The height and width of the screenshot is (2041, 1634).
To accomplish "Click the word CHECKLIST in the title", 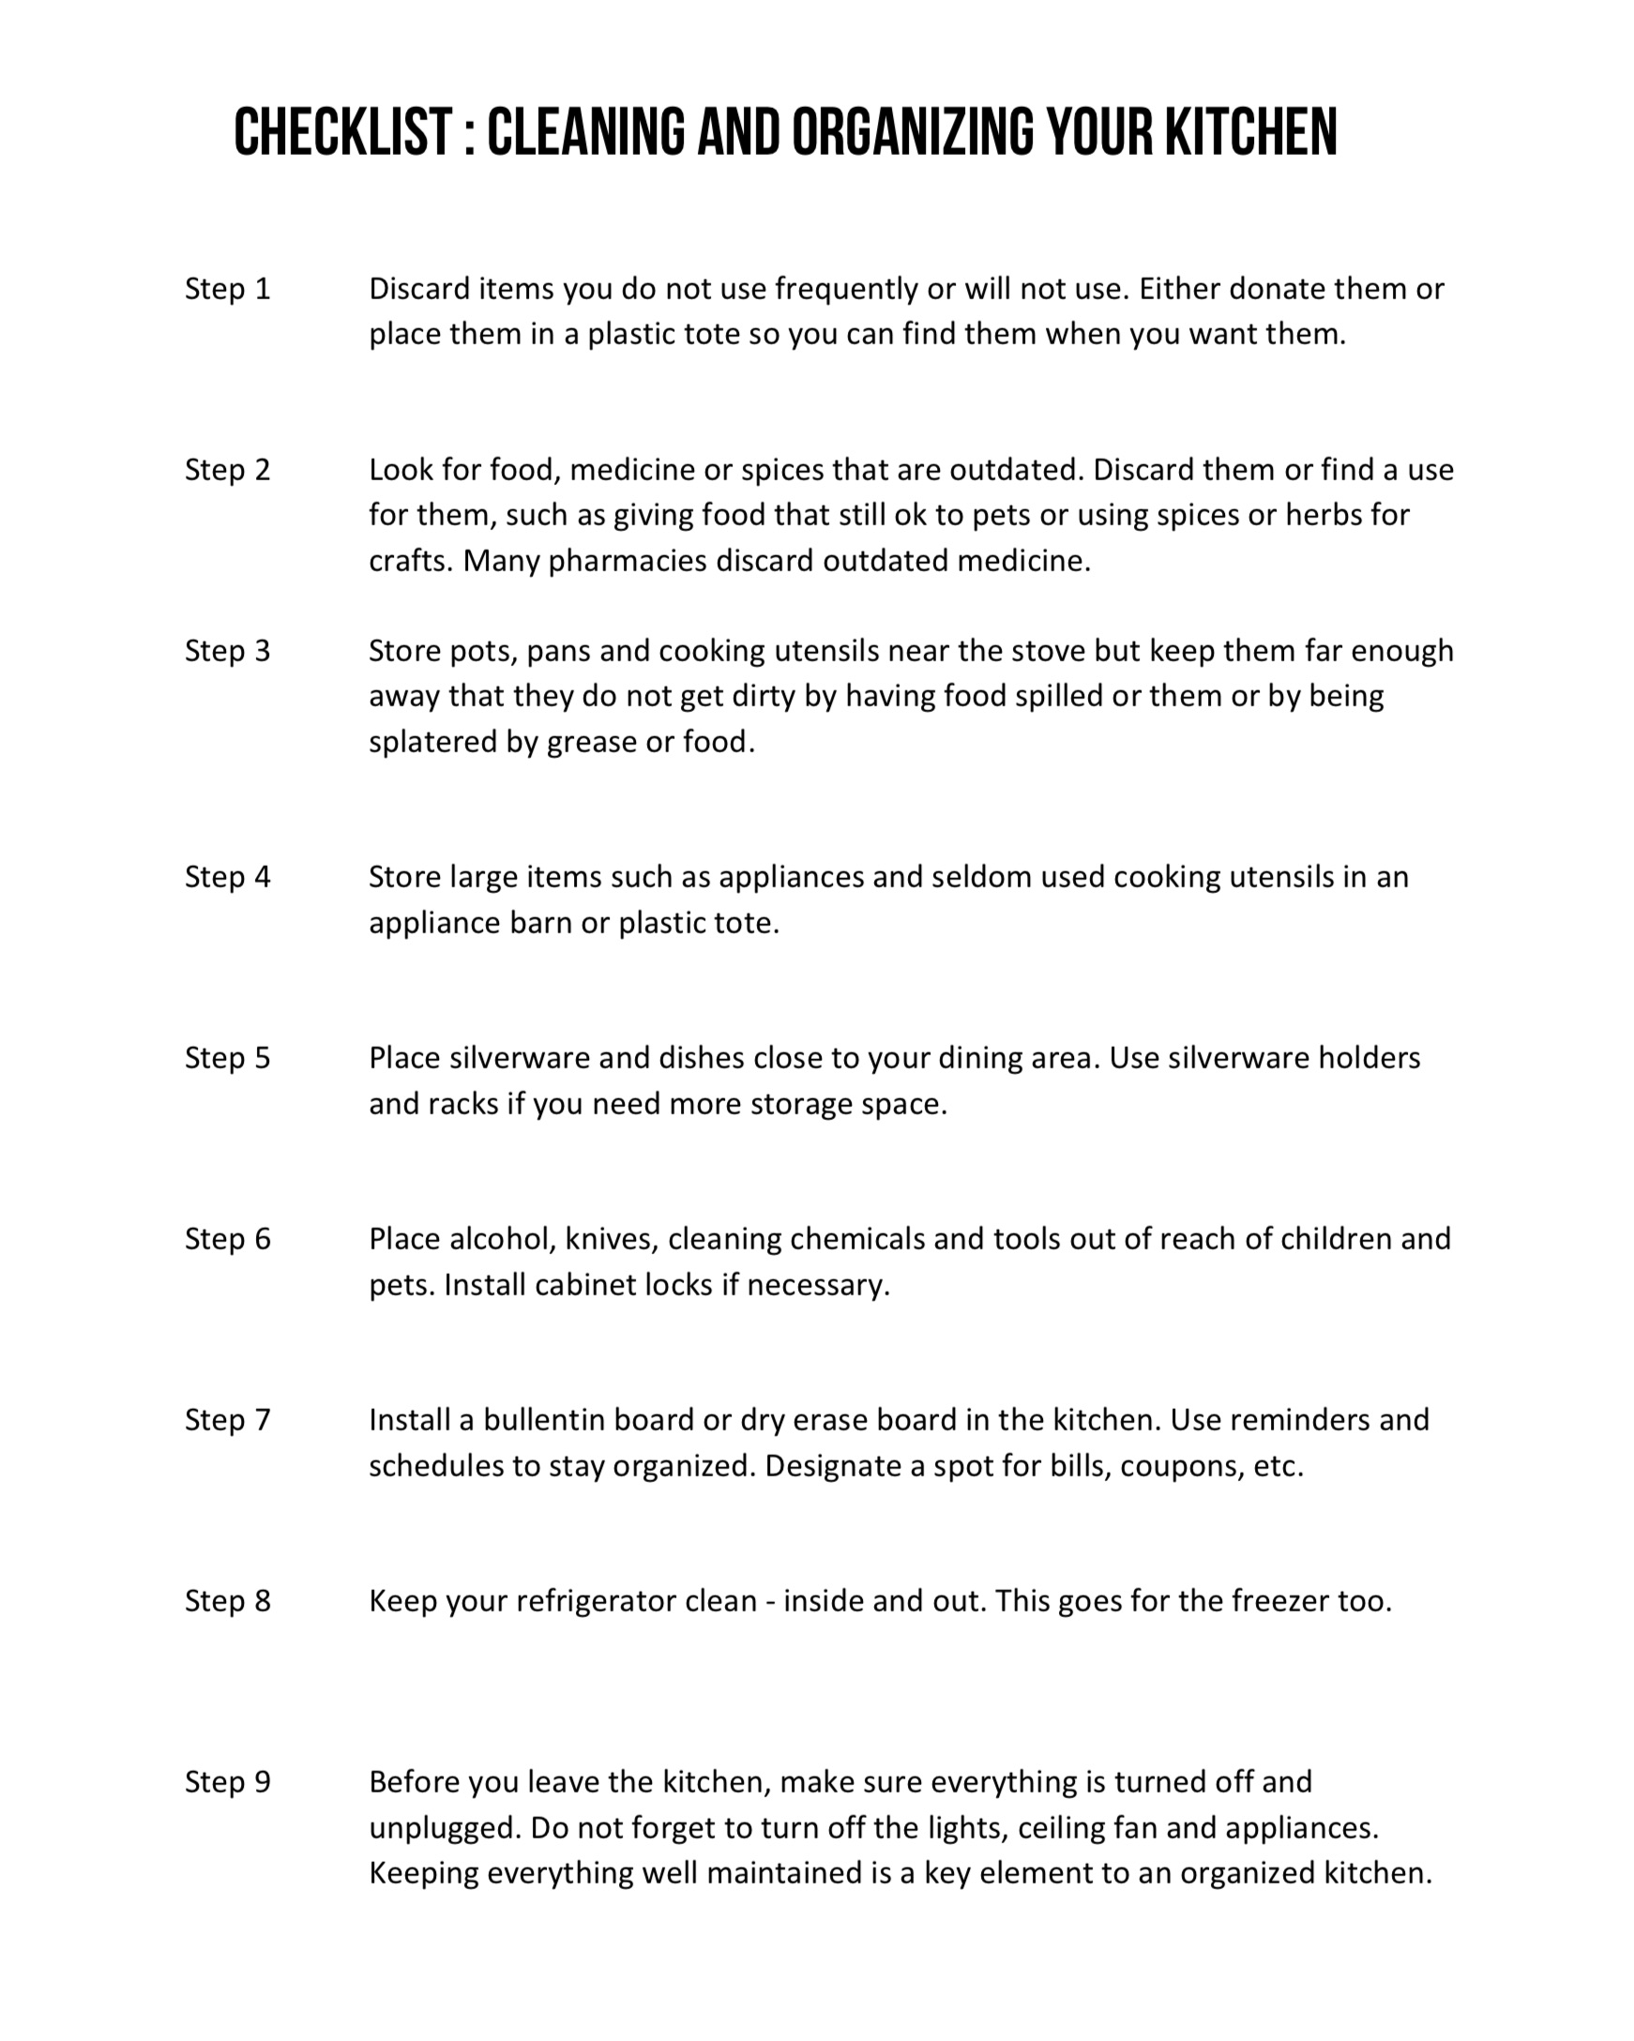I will pyautogui.click(x=342, y=132).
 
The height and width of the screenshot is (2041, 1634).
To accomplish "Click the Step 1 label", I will pyautogui.click(x=227, y=289).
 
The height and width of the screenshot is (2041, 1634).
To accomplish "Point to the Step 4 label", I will pyautogui.click(x=227, y=878).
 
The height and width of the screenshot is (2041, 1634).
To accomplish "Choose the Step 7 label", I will pyautogui.click(x=227, y=1420).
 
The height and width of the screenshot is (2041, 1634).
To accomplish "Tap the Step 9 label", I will pyautogui.click(x=227, y=1782).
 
